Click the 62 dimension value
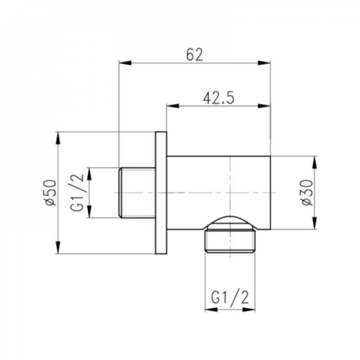[x=195, y=55]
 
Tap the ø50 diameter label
[x=51, y=193]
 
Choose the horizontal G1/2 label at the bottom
[x=230, y=298]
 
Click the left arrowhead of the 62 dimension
[x=125, y=63]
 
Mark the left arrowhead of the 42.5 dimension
[x=172, y=105]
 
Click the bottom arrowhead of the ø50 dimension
[x=58, y=248]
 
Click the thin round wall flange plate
[x=161, y=193]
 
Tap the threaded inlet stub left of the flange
[x=137, y=193]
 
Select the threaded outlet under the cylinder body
[x=230, y=240]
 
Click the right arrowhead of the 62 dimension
[x=265, y=63]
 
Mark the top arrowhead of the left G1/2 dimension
[x=89, y=174]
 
